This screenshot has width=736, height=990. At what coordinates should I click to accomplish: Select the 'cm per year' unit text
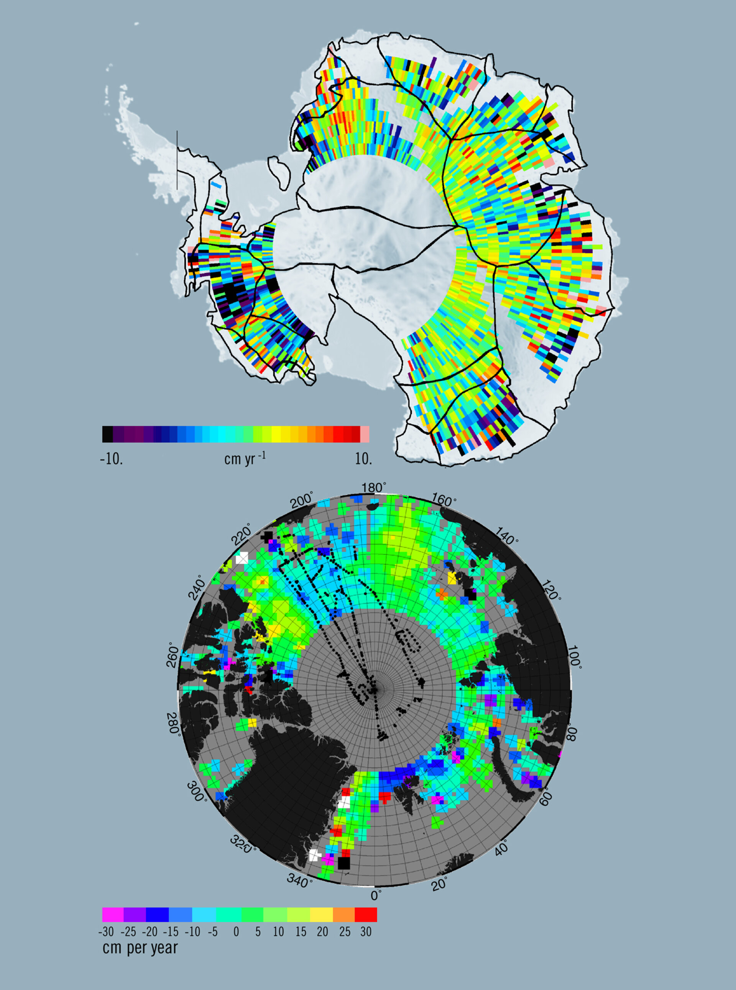coord(140,948)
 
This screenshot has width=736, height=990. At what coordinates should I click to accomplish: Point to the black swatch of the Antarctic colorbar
coord(107,434)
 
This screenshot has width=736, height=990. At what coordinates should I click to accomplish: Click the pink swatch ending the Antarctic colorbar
coord(365,434)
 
